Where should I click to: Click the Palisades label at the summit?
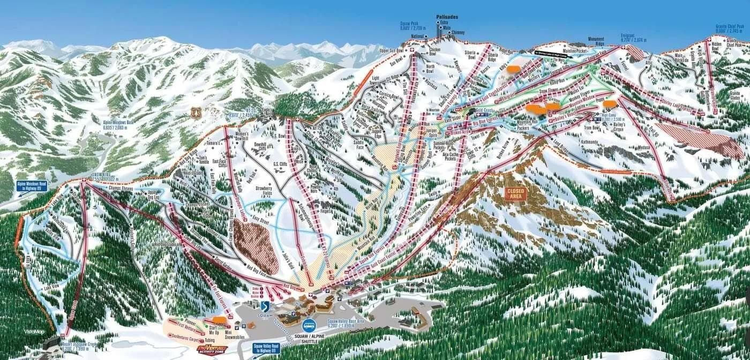point(445,17)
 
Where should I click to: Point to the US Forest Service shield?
point(196,112)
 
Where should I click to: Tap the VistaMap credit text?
point(33,332)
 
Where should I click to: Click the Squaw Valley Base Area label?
point(346,323)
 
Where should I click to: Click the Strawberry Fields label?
point(280,191)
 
